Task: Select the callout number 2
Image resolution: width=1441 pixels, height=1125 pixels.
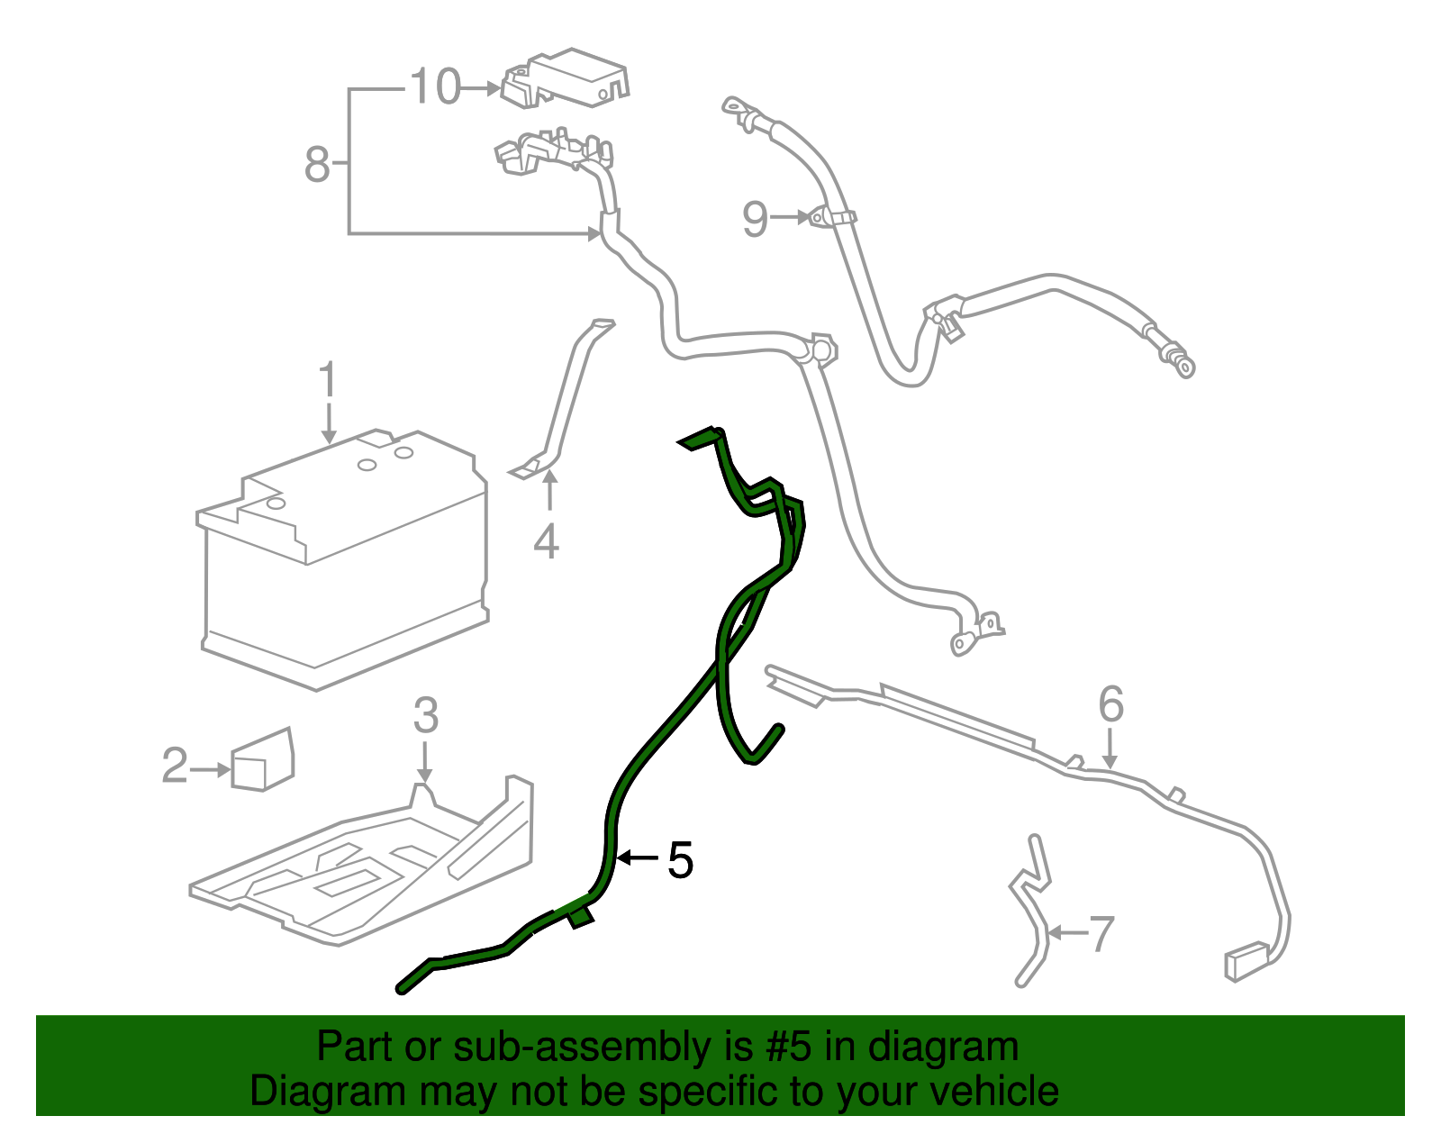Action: [x=175, y=767]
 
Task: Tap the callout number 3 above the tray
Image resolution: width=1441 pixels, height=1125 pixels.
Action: [x=425, y=716]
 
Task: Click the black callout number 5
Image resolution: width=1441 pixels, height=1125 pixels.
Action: [x=680, y=860]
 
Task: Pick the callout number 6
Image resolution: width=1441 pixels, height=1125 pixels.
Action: [x=1110, y=704]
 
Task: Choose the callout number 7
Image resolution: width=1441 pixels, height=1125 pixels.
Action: [x=1101, y=934]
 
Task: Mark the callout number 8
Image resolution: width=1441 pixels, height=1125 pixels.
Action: [x=317, y=165]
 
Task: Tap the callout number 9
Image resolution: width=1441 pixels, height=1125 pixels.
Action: [x=756, y=219]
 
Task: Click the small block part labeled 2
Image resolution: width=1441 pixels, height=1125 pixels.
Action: [x=262, y=761]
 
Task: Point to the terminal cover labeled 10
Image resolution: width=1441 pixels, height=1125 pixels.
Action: [x=566, y=77]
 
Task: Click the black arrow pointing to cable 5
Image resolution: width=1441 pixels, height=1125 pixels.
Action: [x=637, y=858]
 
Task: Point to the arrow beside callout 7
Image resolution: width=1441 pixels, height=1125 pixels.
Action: [x=1068, y=933]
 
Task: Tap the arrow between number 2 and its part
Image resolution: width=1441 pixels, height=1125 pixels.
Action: [x=212, y=769]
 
